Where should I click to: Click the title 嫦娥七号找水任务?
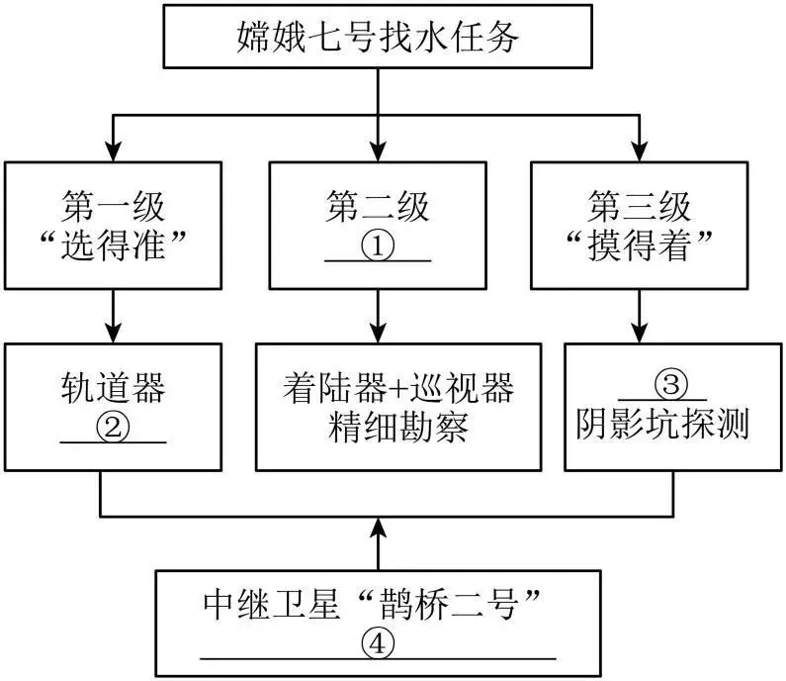[x=378, y=37]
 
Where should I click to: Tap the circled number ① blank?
[x=378, y=245]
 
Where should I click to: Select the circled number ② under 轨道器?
[x=113, y=428]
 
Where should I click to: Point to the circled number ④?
[x=378, y=642]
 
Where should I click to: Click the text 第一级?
[x=114, y=206]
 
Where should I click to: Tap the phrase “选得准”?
[x=114, y=244]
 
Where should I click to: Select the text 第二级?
[x=378, y=206]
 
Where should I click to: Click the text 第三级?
[x=639, y=206]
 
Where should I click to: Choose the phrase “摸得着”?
[x=639, y=244]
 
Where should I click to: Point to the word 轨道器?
[x=114, y=388]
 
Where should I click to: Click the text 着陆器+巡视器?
[x=398, y=388]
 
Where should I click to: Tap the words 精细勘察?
[x=398, y=427]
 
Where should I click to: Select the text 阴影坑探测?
[x=662, y=424]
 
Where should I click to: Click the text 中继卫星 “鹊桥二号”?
[x=372, y=604]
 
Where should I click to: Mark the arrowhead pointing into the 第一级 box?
[x=114, y=150]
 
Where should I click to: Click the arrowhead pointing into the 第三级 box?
[x=639, y=150]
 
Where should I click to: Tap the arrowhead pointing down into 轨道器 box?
[x=114, y=333]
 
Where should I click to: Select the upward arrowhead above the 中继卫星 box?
[x=378, y=528]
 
